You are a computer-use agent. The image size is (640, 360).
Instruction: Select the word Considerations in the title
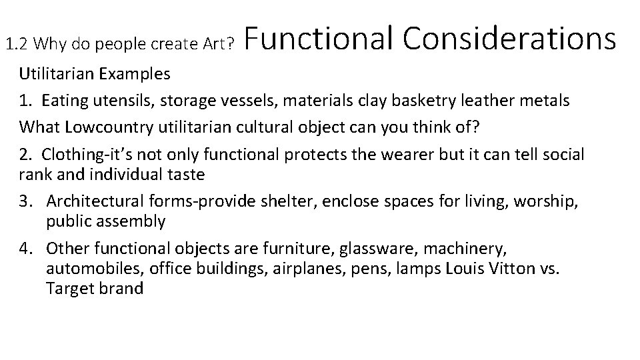pyautogui.click(x=509, y=39)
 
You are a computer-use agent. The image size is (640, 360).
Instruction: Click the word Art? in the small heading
pyautogui.click(x=217, y=45)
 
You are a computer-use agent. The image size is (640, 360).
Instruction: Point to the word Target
pyautogui.click(x=69, y=289)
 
